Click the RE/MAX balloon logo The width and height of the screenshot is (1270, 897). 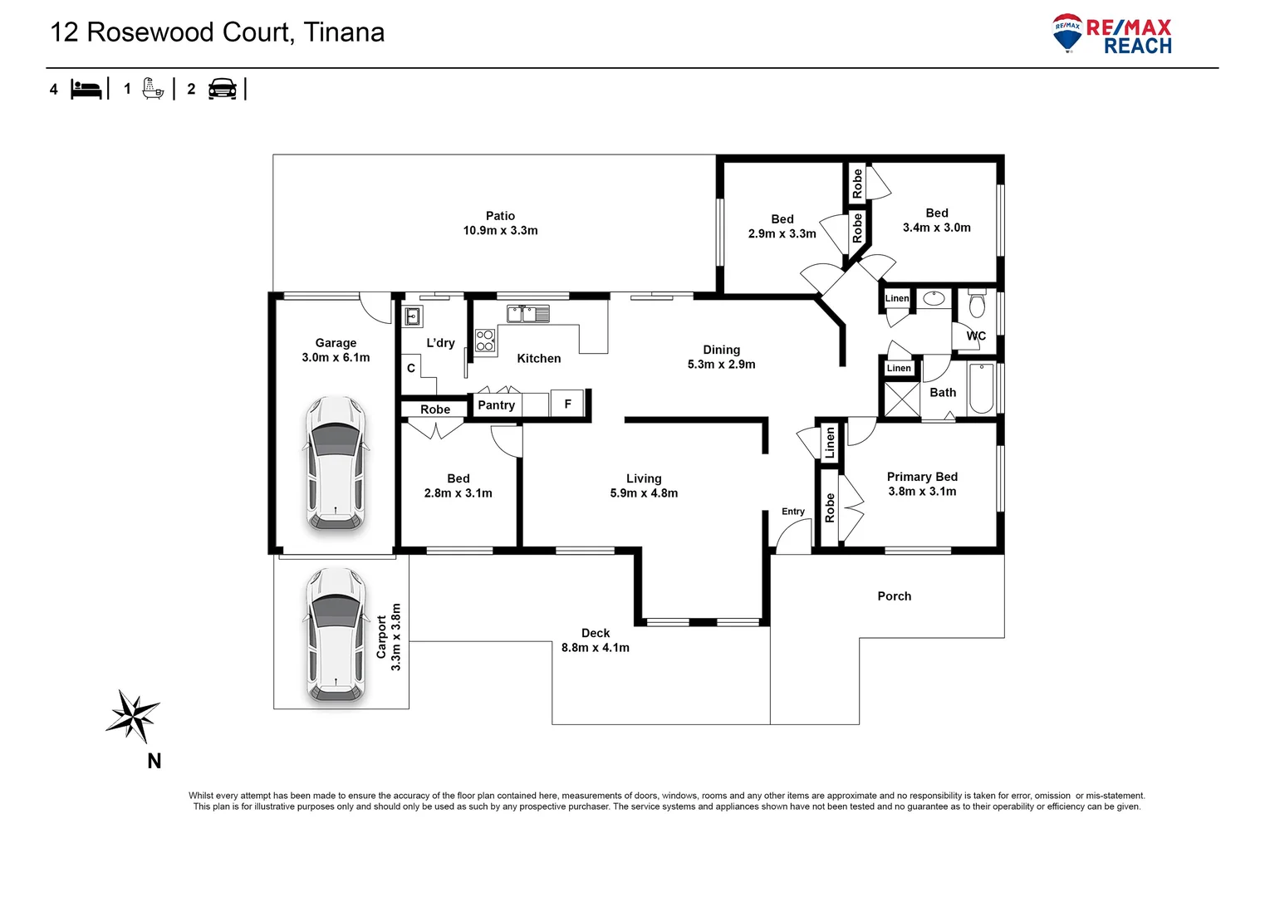click(1067, 33)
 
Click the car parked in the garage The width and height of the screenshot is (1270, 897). click(336, 463)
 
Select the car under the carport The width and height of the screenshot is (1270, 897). click(336, 635)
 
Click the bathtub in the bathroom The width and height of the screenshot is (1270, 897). click(981, 389)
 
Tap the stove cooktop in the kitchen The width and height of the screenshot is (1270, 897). click(485, 341)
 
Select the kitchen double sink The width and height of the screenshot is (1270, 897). click(528, 314)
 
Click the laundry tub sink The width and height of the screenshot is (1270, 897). click(412, 316)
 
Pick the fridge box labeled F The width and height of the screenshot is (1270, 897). click(568, 404)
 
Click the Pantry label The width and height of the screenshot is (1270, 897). click(497, 405)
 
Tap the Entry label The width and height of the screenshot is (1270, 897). click(793, 512)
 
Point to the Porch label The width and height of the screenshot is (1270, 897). click(895, 596)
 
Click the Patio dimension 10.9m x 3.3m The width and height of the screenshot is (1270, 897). click(500, 231)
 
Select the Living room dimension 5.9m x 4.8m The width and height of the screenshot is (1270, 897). click(644, 493)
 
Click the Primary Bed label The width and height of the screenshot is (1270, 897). click(922, 477)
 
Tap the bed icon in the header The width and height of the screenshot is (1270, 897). click(86, 89)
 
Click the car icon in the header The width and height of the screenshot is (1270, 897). click(223, 89)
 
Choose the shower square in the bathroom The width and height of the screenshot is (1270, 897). click(902, 399)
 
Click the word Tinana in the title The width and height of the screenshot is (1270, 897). click(344, 32)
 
